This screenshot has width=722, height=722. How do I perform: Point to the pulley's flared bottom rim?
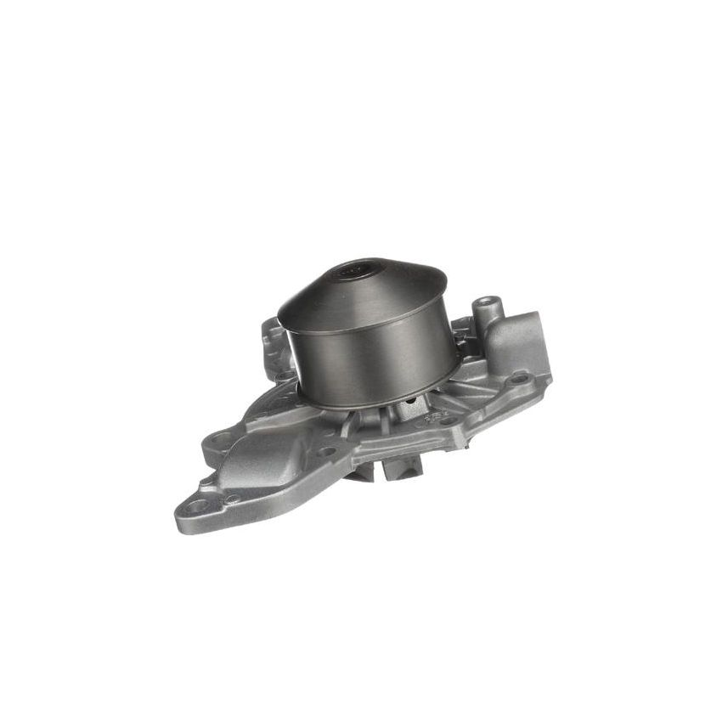[x=382, y=400]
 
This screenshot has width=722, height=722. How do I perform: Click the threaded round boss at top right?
[x=485, y=303]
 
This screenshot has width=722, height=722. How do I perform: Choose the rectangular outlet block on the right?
[x=520, y=344]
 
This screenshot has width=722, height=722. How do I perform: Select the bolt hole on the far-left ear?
[x=223, y=438]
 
